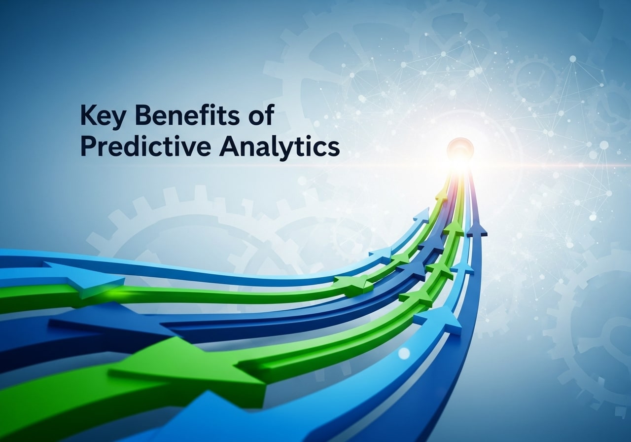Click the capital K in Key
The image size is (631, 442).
point(87,117)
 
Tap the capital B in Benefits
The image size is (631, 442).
point(143,117)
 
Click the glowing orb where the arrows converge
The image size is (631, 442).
point(460,147)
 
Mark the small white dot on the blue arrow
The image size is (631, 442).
point(404,353)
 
